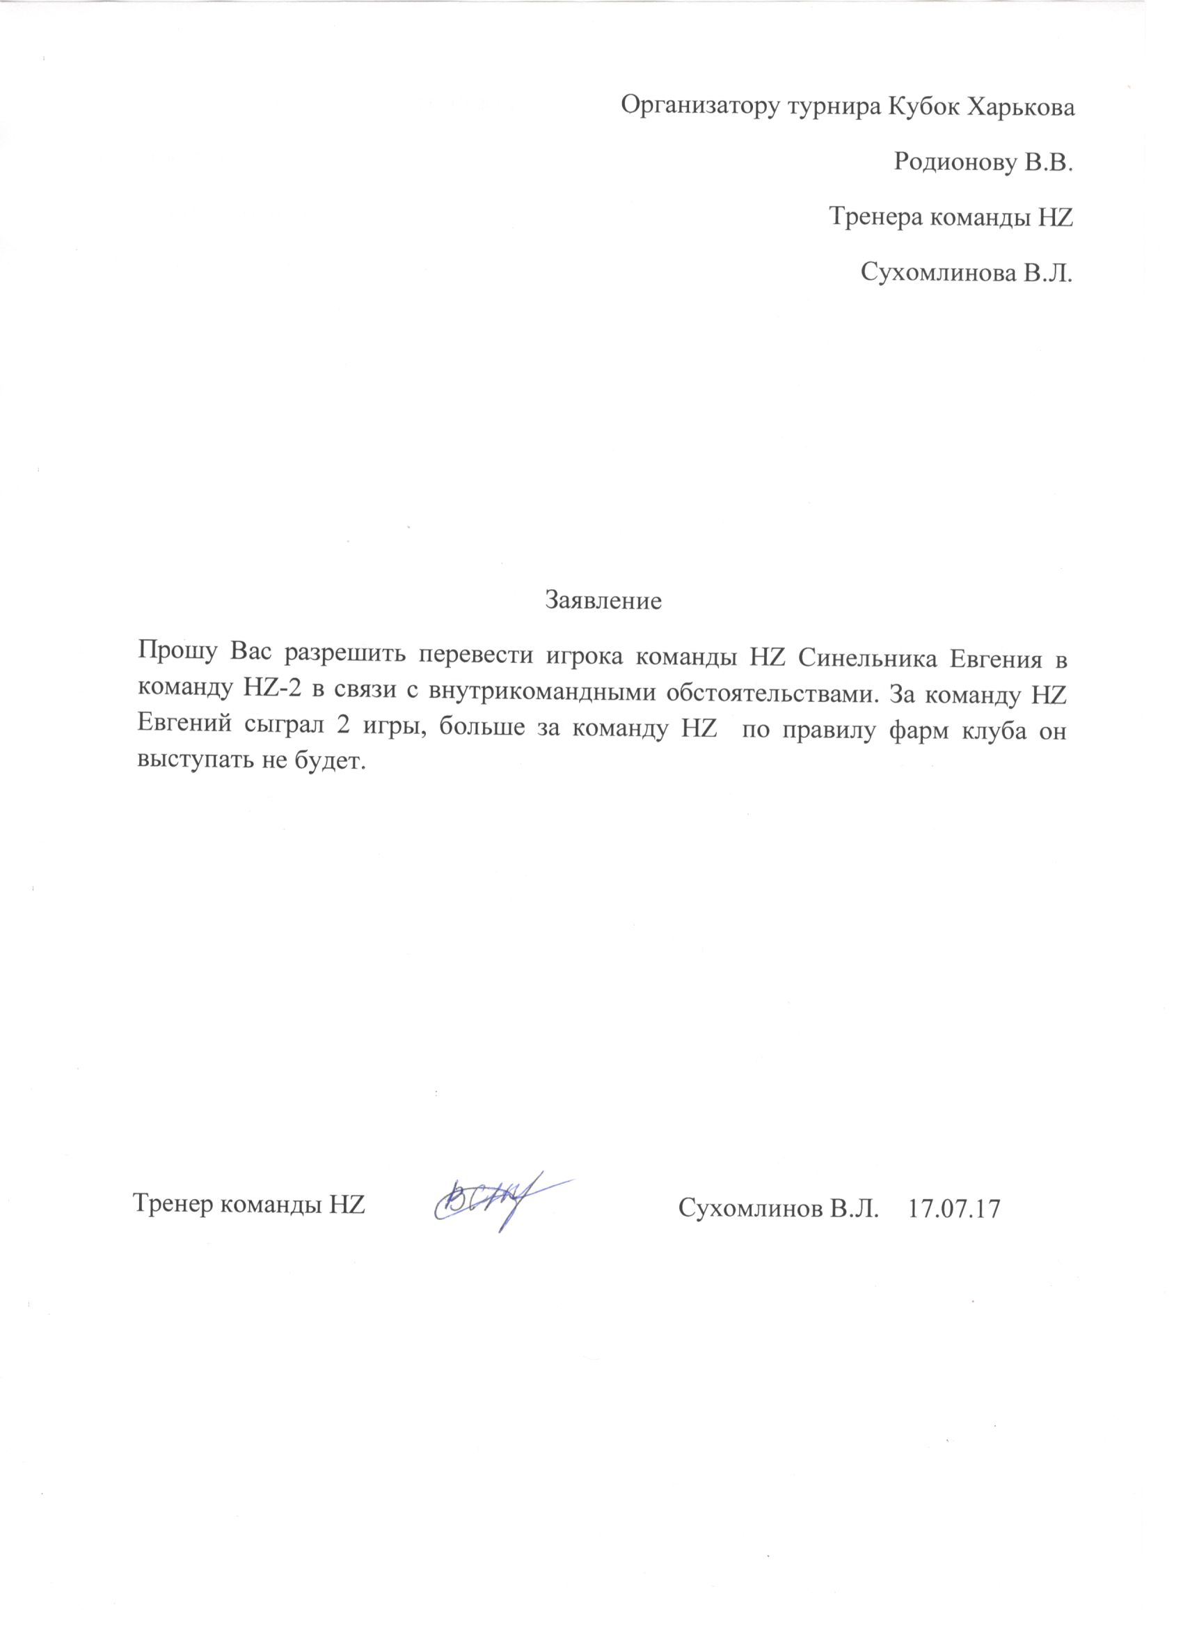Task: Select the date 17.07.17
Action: [x=953, y=1209]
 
